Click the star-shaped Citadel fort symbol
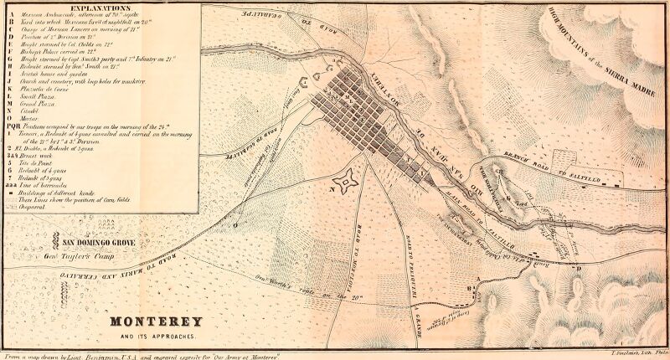(343, 179)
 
